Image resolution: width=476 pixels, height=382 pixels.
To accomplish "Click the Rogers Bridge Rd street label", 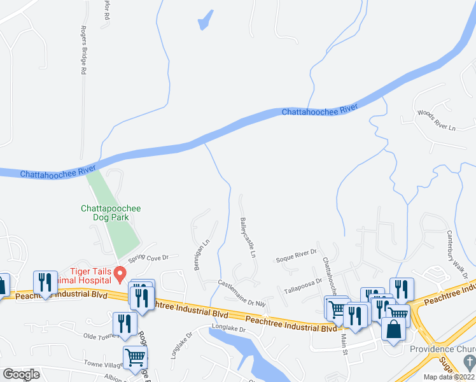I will tap(82, 51).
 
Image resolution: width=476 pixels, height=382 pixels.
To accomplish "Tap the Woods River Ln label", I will tap(437, 120).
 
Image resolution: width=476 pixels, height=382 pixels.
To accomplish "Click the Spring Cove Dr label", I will tap(148, 257).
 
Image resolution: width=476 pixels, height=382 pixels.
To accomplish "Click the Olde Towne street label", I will tap(97, 336).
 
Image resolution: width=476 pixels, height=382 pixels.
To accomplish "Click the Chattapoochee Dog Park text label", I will tap(111, 213).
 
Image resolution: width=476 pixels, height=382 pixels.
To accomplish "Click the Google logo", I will tap(21, 374).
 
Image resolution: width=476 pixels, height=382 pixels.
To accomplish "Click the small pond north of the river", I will tap(205, 20).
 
